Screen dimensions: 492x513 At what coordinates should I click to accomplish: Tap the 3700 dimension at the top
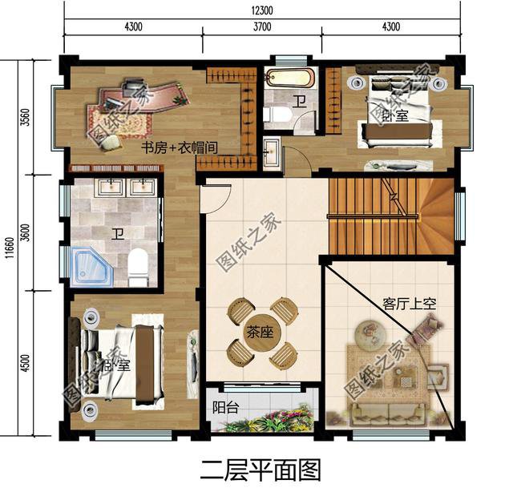tap(262, 26)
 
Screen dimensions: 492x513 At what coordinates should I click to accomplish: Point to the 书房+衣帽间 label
tap(180, 149)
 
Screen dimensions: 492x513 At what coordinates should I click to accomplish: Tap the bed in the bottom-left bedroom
tap(120, 365)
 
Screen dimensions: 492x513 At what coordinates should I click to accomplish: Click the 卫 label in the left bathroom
tap(118, 233)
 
